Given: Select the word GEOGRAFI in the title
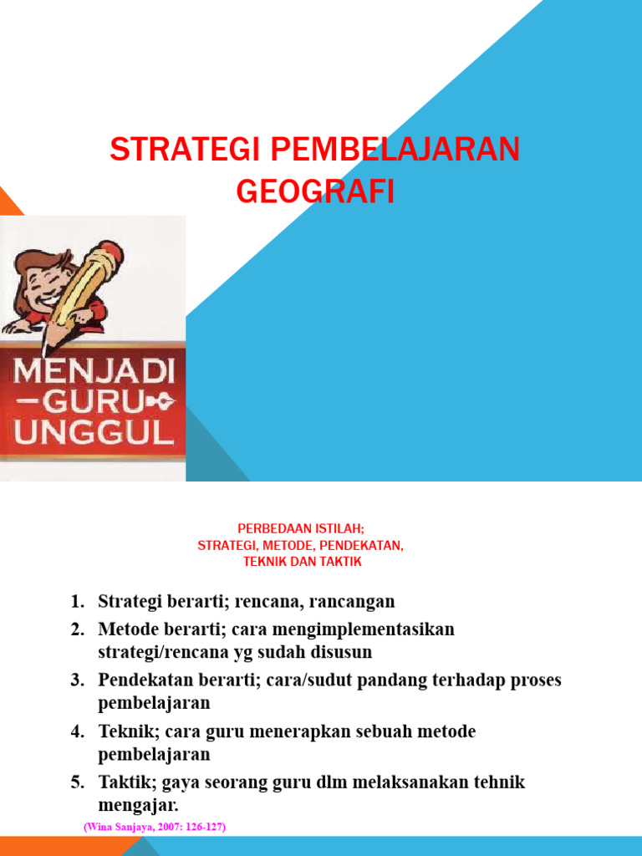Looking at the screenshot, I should click(x=314, y=191).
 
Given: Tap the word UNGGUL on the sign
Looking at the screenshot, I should click(x=92, y=434).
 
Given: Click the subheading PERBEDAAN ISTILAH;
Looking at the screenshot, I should click(x=301, y=529).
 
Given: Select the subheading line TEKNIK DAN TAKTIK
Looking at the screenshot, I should click(x=302, y=562).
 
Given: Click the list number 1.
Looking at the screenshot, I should click(x=77, y=602).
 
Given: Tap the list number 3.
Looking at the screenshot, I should click(x=77, y=680).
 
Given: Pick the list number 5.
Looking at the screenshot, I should click(x=77, y=783).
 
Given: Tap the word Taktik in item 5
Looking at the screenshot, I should click(x=124, y=783).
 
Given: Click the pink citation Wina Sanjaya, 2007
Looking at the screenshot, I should click(x=155, y=827).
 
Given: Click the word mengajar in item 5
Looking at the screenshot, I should click(x=138, y=805).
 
